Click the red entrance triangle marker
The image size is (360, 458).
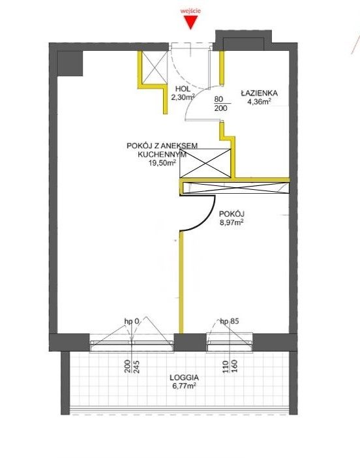pos(190,22)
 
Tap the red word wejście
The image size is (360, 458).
pos(190,11)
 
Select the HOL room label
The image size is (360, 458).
pos(183,89)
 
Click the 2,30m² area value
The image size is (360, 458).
pos(183,98)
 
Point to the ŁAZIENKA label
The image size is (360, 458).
pos(259,93)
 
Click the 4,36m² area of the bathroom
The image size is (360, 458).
pos(259,102)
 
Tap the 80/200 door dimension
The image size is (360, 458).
pos(220,104)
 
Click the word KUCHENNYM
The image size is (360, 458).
pos(162,154)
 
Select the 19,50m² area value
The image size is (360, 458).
pos(162,163)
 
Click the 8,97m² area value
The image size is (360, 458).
pos(232,222)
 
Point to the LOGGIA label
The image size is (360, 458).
pos(184,377)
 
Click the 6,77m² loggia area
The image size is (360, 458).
pos(184,386)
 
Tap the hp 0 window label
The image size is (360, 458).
pos(132,321)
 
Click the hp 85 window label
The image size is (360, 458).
pos(230,321)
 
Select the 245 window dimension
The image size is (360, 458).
pos(137,367)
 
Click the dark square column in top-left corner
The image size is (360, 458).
pos(70,63)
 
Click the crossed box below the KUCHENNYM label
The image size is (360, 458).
pos(205,163)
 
